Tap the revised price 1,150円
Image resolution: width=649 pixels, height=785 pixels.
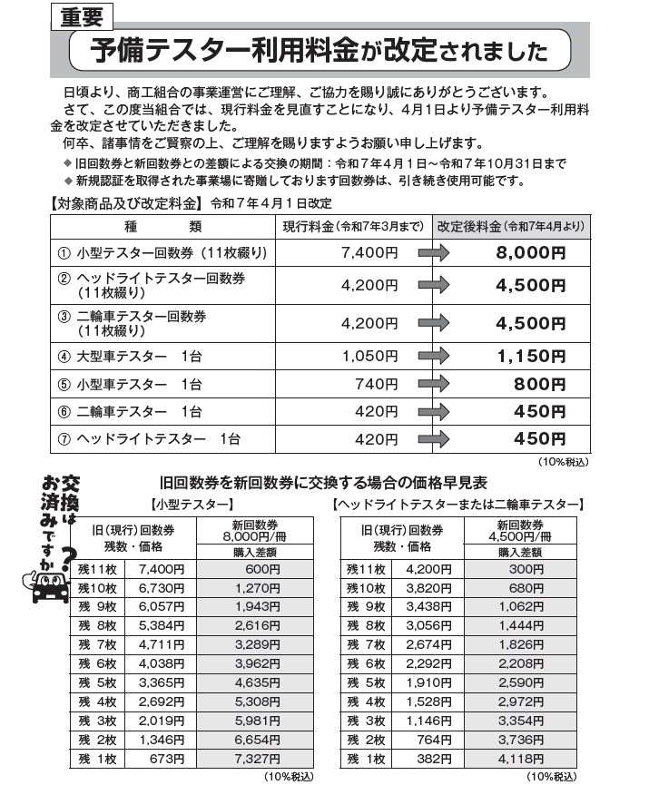click(x=531, y=357)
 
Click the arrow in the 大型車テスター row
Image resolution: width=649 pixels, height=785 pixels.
click(x=433, y=357)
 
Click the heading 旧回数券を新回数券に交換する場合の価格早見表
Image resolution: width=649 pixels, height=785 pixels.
click(x=323, y=482)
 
